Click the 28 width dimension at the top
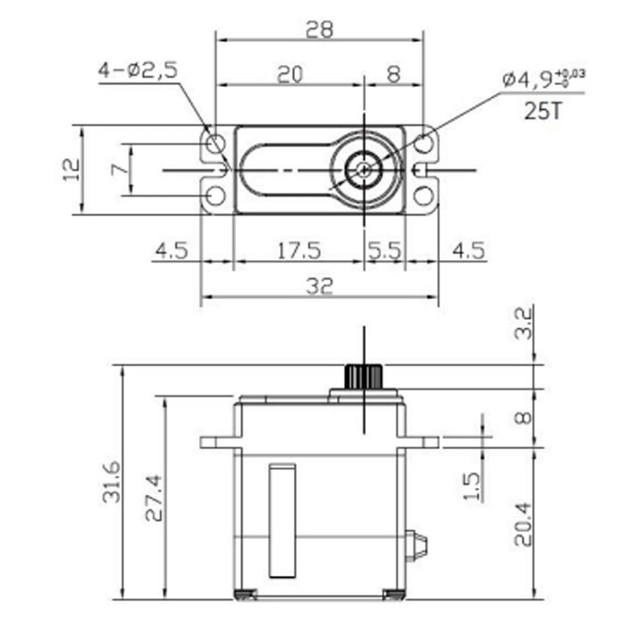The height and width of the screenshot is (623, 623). pyautogui.click(x=319, y=29)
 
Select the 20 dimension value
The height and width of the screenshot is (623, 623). pyautogui.click(x=289, y=74)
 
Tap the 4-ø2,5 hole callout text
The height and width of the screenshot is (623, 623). pyautogui.click(x=137, y=70)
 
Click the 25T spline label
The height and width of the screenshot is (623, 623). pyautogui.click(x=543, y=111)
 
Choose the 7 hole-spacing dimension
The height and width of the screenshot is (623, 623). pyautogui.click(x=120, y=169)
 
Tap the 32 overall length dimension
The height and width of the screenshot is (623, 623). pyautogui.click(x=319, y=286)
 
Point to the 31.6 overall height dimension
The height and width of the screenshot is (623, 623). pyautogui.click(x=111, y=482)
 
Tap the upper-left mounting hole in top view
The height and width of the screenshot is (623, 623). pyautogui.click(x=214, y=143)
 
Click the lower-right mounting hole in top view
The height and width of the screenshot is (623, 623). pyautogui.click(x=424, y=195)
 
